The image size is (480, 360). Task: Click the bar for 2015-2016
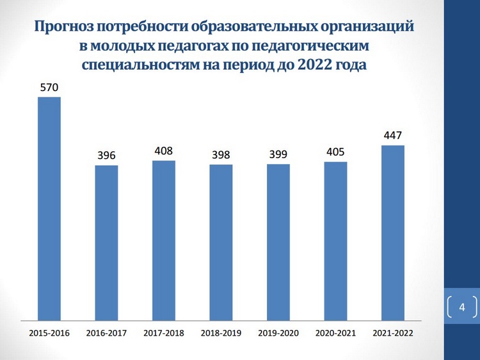point(49,208)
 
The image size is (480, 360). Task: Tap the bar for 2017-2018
point(164,240)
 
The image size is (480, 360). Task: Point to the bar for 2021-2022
point(392,232)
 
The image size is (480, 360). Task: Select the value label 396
point(106,156)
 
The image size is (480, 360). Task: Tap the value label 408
point(164,152)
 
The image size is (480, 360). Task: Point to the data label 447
point(392,136)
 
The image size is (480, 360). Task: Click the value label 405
point(335,152)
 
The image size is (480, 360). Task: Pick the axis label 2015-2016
point(49,333)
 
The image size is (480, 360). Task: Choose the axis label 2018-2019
point(221,333)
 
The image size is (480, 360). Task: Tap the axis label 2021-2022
point(392,333)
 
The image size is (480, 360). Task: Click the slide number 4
point(462,308)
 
